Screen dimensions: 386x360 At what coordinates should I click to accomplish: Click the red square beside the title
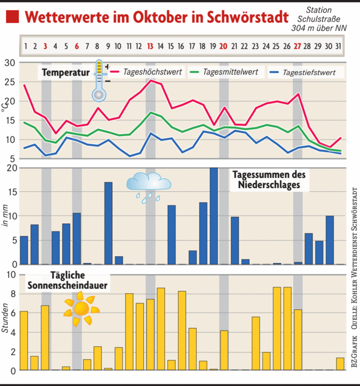click(12, 18)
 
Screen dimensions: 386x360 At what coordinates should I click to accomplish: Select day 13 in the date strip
click(150, 46)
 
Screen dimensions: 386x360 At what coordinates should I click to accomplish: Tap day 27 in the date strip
click(297, 46)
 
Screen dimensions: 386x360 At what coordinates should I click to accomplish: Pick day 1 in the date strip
click(25, 46)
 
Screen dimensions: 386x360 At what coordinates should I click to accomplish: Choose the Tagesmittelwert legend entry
click(231, 72)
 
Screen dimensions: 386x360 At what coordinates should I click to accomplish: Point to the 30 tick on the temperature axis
click(10, 63)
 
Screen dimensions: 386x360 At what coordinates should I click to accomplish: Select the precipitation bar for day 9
click(108, 223)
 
